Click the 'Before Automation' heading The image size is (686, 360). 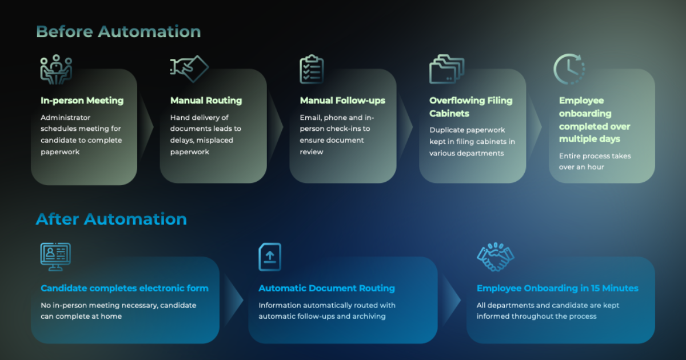click(x=118, y=31)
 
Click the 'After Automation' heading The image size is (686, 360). click(x=111, y=219)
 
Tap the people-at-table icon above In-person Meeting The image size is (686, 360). click(x=56, y=70)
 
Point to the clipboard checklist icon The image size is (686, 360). click(x=312, y=70)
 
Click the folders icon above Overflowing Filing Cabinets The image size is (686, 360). click(x=446, y=70)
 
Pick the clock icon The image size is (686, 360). click(x=569, y=69)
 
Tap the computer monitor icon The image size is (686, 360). click(x=55, y=257)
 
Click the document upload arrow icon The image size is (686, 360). click(x=270, y=257)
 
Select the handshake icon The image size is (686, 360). click(x=496, y=257)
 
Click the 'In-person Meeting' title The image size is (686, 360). click(x=82, y=101)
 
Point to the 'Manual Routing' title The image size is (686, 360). click(x=206, y=101)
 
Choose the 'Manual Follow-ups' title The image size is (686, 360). click(x=342, y=101)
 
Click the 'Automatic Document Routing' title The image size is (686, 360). click(x=326, y=288)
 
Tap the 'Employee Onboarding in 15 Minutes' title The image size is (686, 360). click(x=557, y=288)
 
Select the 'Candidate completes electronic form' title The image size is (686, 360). click(x=124, y=288)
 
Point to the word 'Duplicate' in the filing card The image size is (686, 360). click(x=448, y=130)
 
